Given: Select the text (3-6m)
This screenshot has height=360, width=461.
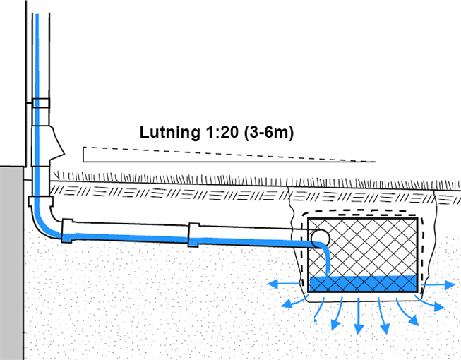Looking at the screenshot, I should point(269,131).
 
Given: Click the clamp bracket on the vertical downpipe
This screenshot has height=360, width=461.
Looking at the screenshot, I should point(40,103).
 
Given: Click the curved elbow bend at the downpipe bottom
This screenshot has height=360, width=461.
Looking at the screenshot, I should point(44,222).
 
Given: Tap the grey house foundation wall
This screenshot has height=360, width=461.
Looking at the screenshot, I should point(12,261).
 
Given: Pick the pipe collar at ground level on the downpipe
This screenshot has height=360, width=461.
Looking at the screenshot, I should point(40,200).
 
